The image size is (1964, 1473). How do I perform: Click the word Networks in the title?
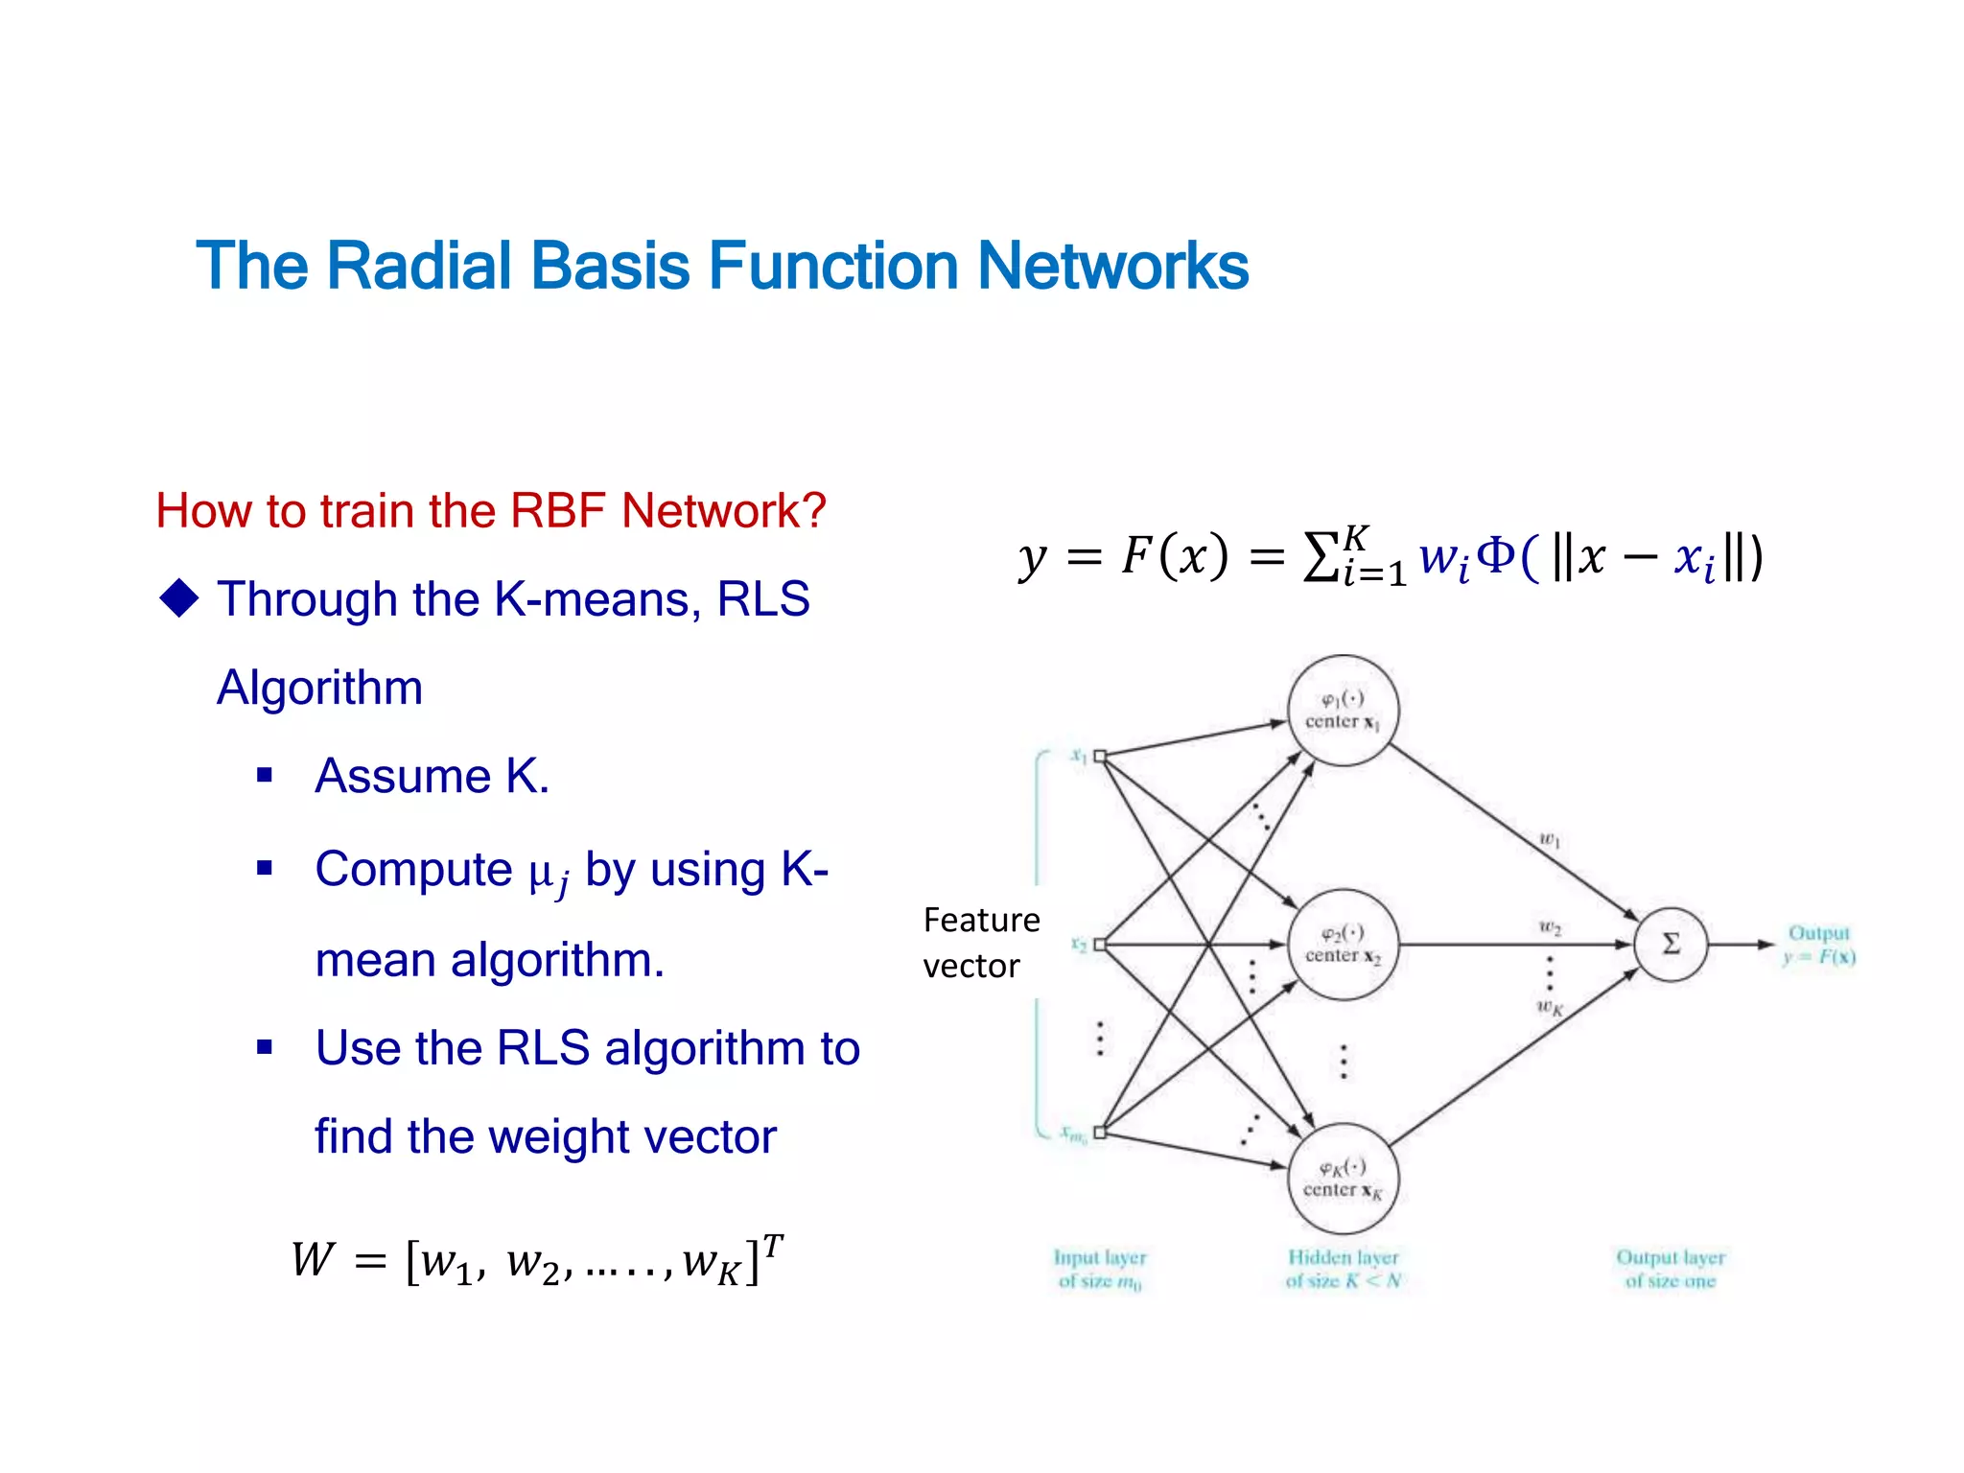pyautogui.click(x=1111, y=266)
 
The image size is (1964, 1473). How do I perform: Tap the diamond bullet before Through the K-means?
pyautogui.click(x=179, y=598)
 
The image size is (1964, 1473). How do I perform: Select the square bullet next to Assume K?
pyautogui.click(x=265, y=775)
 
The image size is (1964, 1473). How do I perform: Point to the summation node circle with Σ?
pyautogui.click(x=1671, y=945)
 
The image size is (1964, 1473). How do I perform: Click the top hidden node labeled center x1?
pyautogui.click(x=1342, y=711)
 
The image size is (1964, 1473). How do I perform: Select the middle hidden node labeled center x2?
pyautogui.click(x=1342, y=945)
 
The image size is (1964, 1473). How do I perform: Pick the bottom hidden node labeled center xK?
pyautogui.click(x=1342, y=1179)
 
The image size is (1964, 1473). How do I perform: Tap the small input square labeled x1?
pyautogui.click(x=1100, y=757)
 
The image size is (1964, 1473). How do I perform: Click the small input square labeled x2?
pyautogui.click(x=1100, y=945)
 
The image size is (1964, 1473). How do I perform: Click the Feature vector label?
pyautogui.click(x=980, y=942)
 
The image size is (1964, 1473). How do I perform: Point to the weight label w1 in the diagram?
pyautogui.click(x=1550, y=840)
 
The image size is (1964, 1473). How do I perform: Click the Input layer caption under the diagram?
pyautogui.click(x=1100, y=1269)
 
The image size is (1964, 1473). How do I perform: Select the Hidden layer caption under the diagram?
pyautogui.click(x=1343, y=1269)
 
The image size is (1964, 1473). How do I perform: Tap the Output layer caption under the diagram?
pyautogui.click(x=1670, y=1269)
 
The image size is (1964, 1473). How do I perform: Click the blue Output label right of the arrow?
pyautogui.click(x=1818, y=933)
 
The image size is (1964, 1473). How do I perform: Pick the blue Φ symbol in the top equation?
pyautogui.click(x=1495, y=555)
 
